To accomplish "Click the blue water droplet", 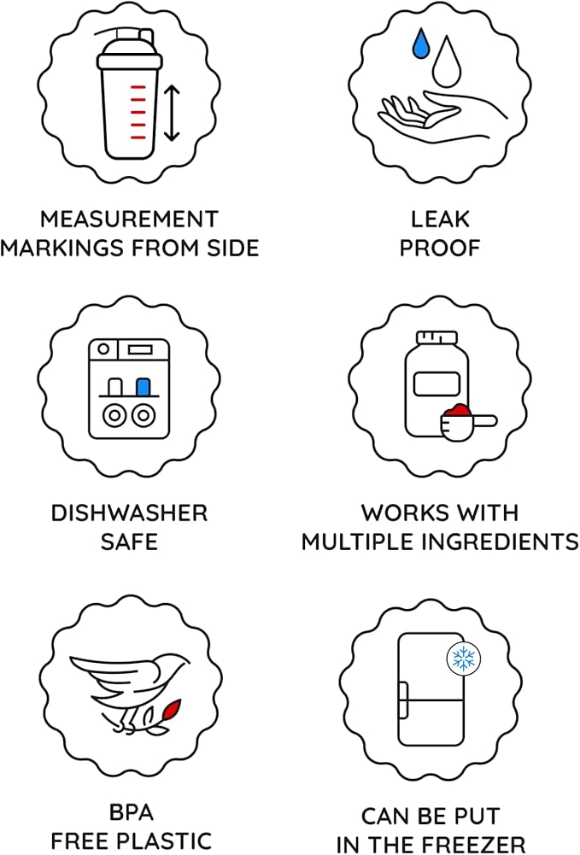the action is [x=421, y=44].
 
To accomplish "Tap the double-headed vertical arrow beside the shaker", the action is [x=172, y=113].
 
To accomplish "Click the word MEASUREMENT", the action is [x=129, y=220].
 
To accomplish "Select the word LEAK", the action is [x=440, y=220].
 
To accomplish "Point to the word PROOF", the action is [x=440, y=248].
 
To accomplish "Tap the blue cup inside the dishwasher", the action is [x=144, y=387].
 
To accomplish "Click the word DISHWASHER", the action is [x=129, y=513].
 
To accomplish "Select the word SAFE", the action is [x=129, y=542].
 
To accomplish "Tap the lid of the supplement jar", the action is [x=436, y=337].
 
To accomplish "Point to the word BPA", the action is [x=131, y=812].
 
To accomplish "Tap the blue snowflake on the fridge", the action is [x=463, y=659].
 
